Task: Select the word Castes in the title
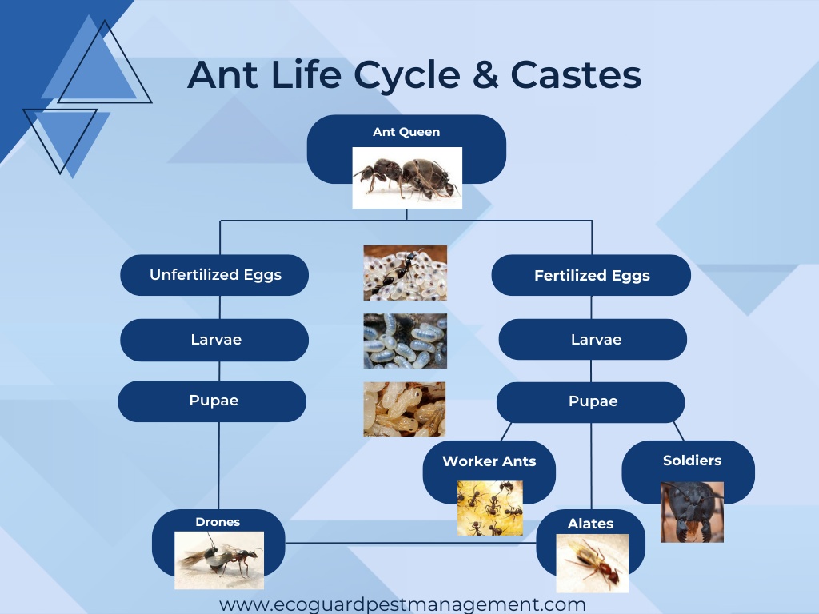pyautogui.click(x=576, y=76)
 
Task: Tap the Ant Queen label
pyautogui.click(x=406, y=132)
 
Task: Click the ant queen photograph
pyautogui.click(x=407, y=177)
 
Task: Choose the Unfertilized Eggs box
pyautogui.click(x=215, y=275)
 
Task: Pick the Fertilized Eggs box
pyautogui.click(x=591, y=276)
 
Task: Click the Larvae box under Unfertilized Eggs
pyautogui.click(x=215, y=340)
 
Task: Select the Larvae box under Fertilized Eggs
pyautogui.click(x=593, y=340)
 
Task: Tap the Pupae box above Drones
pyautogui.click(x=213, y=401)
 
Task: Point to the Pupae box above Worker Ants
pyautogui.click(x=592, y=401)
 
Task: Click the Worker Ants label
pyautogui.click(x=489, y=461)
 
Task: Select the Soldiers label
pyautogui.click(x=692, y=460)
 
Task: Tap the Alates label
pyautogui.click(x=590, y=524)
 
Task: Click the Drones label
pyautogui.click(x=218, y=522)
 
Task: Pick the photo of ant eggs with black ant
pyautogui.click(x=405, y=273)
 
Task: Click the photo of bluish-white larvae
pyautogui.click(x=405, y=341)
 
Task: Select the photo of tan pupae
pyautogui.click(x=405, y=409)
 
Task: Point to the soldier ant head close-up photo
pyautogui.click(x=692, y=512)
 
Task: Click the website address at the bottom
pyautogui.click(x=403, y=604)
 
